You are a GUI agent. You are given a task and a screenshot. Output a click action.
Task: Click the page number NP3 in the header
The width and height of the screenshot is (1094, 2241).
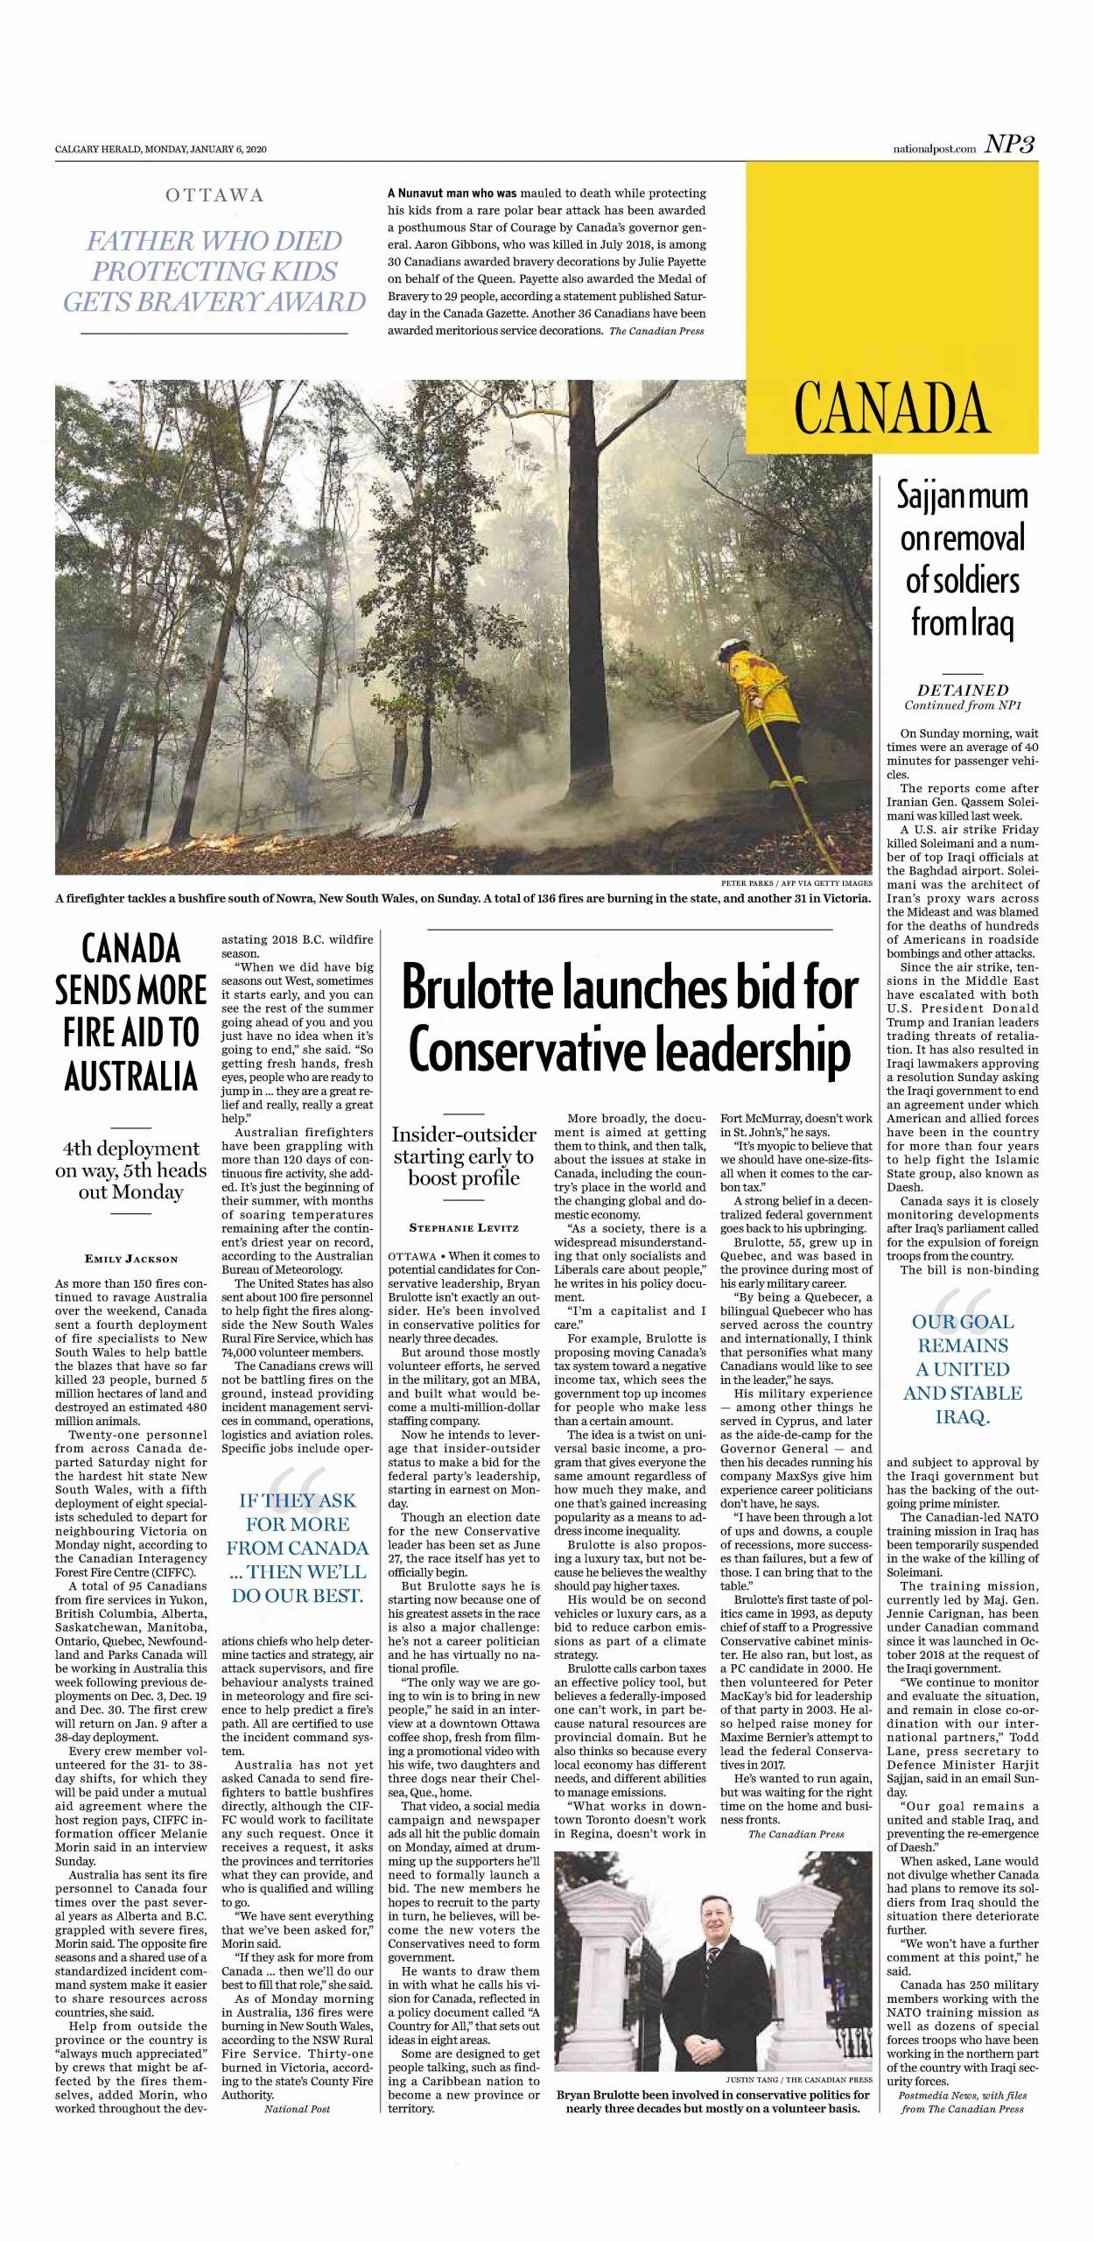click(x=1010, y=145)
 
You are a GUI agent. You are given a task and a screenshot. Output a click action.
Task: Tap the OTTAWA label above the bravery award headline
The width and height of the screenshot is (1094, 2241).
click(x=214, y=195)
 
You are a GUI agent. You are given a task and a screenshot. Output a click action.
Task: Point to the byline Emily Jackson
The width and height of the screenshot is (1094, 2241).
click(x=131, y=1259)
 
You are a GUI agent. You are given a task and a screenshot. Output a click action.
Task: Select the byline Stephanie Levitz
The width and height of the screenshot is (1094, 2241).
click(x=463, y=1228)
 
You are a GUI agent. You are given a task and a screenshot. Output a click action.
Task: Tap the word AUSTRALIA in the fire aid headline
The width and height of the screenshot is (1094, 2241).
click(x=131, y=1076)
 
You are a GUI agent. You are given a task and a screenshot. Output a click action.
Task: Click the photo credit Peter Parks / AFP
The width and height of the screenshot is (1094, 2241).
click(x=796, y=883)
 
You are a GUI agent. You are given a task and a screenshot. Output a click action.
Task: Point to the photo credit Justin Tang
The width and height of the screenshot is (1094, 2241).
click(x=798, y=2079)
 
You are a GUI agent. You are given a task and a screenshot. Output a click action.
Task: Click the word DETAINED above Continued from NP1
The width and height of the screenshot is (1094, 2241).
click(x=963, y=690)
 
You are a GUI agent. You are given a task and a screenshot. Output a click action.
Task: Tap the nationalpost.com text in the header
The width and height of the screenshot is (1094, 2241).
click(x=928, y=149)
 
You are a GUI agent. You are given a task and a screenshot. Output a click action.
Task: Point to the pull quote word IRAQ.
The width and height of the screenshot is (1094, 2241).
click(x=963, y=1416)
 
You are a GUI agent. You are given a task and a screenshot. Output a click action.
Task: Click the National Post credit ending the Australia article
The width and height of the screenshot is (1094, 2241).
click(x=297, y=2109)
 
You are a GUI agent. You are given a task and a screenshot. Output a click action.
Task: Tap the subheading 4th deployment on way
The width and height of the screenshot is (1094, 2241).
click(x=131, y=1170)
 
